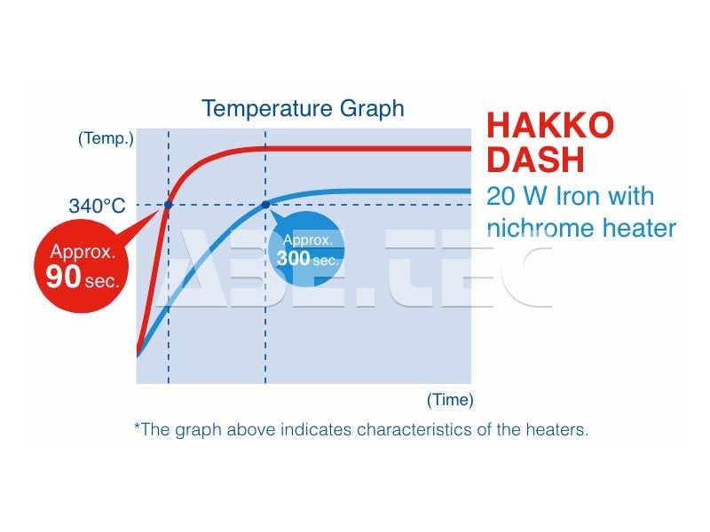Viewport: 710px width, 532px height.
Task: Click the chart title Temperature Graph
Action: (303, 109)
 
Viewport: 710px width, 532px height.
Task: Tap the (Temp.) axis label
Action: (106, 138)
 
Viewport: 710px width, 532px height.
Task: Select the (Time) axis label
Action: (450, 400)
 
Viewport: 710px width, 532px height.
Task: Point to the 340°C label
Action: (97, 206)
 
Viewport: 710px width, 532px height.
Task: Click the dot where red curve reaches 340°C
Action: (169, 205)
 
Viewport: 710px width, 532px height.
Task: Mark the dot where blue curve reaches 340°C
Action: (265, 205)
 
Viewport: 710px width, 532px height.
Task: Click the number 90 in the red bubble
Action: (63, 277)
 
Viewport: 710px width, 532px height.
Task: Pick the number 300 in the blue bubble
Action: (293, 258)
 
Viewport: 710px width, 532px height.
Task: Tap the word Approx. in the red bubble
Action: (83, 252)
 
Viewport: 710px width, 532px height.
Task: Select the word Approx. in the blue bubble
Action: (308, 239)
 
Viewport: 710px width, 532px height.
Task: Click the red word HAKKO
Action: (550, 125)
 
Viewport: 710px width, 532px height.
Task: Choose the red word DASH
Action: (536, 160)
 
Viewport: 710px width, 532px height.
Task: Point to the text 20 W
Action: (517, 196)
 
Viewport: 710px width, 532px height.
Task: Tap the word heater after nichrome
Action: (639, 228)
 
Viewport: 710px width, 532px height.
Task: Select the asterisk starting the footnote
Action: (138, 426)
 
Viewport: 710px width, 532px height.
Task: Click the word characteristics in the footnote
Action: (414, 429)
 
